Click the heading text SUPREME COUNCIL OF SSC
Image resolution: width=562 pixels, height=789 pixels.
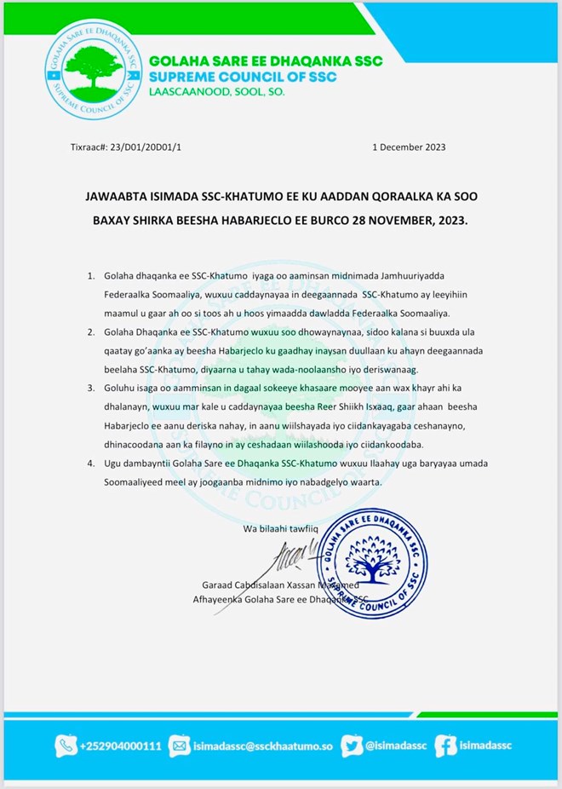coord(242,78)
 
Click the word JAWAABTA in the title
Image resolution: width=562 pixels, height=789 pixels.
coord(121,197)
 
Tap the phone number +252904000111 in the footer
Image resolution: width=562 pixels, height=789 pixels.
coord(121,746)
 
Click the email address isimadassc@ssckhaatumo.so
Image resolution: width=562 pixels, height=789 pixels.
coord(261,746)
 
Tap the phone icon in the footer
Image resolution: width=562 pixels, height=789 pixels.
coord(66,746)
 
